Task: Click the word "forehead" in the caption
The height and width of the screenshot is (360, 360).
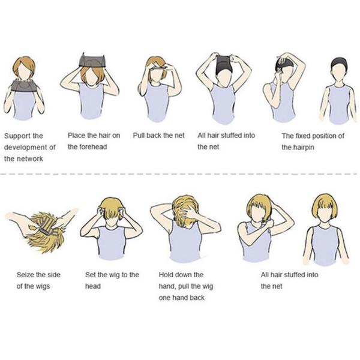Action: [x=94, y=147]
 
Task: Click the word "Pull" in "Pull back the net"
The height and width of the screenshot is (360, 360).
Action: [x=139, y=136]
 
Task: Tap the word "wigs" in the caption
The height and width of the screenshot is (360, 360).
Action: [x=43, y=287]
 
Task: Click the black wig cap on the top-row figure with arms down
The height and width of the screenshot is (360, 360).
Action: [x=338, y=63]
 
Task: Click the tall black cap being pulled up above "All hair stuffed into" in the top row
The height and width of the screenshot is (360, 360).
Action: [x=223, y=64]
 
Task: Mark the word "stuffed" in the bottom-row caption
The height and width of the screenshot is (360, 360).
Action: [x=293, y=275]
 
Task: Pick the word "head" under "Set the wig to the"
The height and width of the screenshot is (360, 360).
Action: [x=93, y=286]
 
